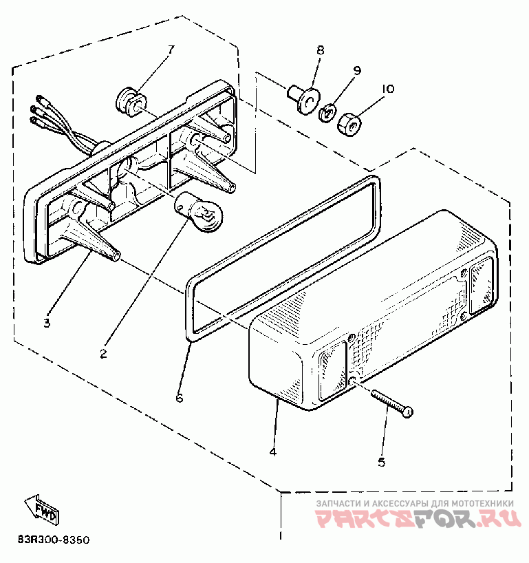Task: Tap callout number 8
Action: click(x=319, y=50)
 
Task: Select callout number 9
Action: click(x=357, y=70)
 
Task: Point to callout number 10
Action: click(x=387, y=89)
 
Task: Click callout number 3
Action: click(x=47, y=322)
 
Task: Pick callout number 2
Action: click(x=103, y=354)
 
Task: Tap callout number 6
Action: click(x=180, y=398)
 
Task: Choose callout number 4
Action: click(x=273, y=452)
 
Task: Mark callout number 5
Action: click(x=381, y=462)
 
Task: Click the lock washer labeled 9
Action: click(x=327, y=111)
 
